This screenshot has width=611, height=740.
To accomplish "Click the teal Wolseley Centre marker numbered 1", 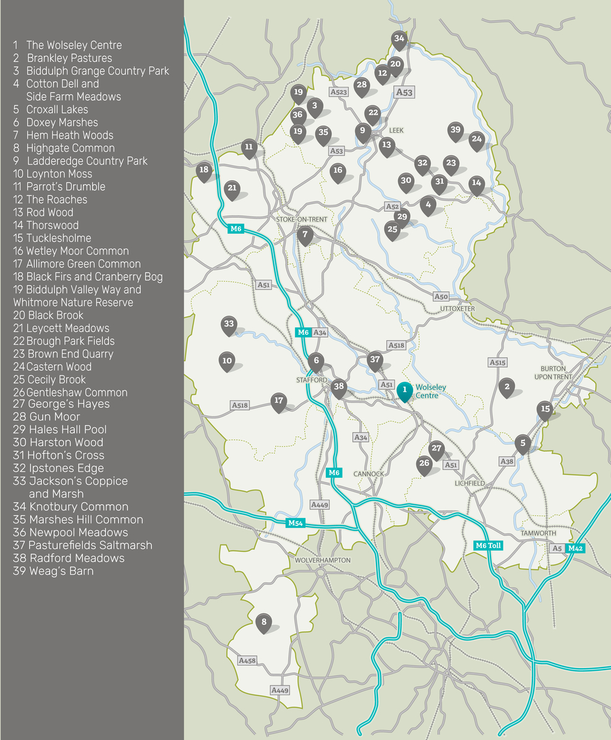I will pyautogui.click(x=404, y=391).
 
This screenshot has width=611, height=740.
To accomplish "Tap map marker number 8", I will pyautogui.click(x=263, y=622).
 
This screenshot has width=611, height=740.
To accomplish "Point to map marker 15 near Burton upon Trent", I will pyautogui.click(x=545, y=410).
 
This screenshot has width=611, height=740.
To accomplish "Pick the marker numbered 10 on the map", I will pyautogui.click(x=227, y=361).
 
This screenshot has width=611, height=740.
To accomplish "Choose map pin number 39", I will pyautogui.click(x=456, y=131).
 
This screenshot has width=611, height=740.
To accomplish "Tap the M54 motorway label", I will pyautogui.click(x=295, y=523).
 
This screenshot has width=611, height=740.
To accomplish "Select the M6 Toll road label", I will pyautogui.click(x=488, y=546).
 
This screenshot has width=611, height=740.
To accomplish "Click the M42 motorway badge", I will pyautogui.click(x=575, y=548).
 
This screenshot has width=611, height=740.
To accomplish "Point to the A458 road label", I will pyautogui.click(x=247, y=661).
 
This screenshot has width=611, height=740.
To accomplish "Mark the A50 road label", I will pyautogui.click(x=440, y=297).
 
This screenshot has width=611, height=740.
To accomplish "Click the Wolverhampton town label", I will pyautogui.click(x=322, y=560).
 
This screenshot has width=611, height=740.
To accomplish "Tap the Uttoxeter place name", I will pyautogui.click(x=457, y=309).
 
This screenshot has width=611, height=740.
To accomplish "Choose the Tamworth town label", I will pyautogui.click(x=539, y=533).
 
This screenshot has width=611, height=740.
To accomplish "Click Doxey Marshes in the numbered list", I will pyautogui.click(x=62, y=123).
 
